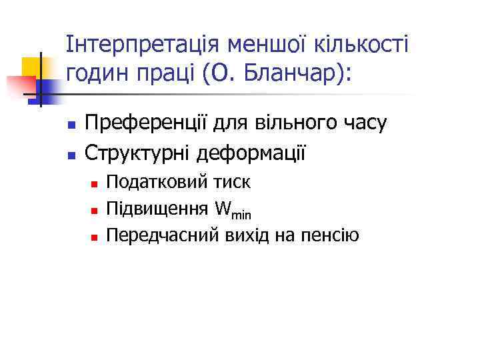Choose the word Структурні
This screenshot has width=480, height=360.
click(139, 153)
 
